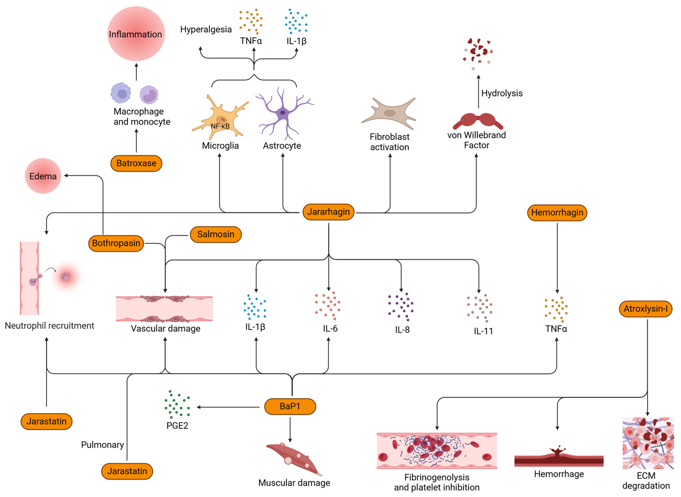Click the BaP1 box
pos(290,407)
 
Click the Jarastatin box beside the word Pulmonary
pos(127,471)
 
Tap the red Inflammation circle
pos(136,34)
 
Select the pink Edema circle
pos(43,176)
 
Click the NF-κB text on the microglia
pos(220,126)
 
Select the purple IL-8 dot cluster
pos(401,306)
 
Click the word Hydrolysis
pos(502,93)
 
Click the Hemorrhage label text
pos(559,474)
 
